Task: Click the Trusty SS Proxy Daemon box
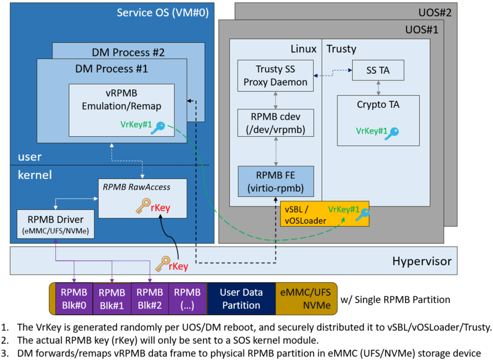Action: click(x=275, y=76)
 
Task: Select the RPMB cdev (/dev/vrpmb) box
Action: click(x=276, y=123)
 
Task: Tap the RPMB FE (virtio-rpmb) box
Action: click(x=276, y=181)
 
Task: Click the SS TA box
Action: click(x=378, y=70)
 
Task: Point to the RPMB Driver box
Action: click(x=55, y=224)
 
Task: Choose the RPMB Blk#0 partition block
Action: click(x=74, y=298)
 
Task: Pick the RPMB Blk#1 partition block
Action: click(x=112, y=298)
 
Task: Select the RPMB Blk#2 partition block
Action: click(x=150, y=298)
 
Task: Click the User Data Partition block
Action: click(x=241, y=298)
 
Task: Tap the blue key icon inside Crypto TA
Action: click(x=392, y=133)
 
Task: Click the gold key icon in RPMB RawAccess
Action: click(x=143, y=206)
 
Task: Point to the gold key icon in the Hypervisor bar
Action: click(x=163, y=264)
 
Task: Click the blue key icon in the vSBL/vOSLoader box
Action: click(x=363, y=214)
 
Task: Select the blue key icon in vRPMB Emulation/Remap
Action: click(x=158, y=128)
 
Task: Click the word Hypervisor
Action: click(x=422, y=261)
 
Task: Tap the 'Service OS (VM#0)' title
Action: click(x=163, y=13)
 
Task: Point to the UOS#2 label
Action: click(x=435, y=13)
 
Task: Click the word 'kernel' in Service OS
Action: click(x=35, y=175)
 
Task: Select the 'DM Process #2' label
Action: click(x=128, y=52)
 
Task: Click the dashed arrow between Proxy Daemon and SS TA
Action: click(x=333, y=73)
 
